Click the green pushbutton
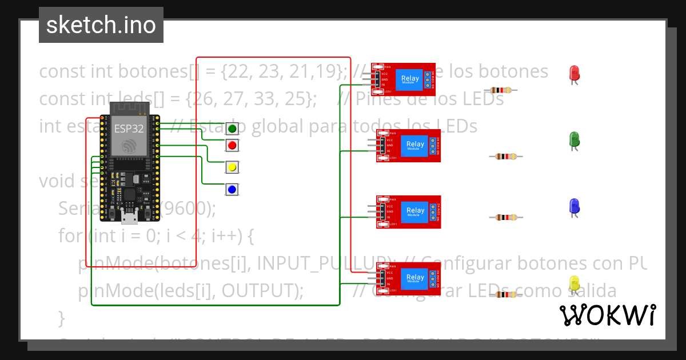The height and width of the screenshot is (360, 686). [232, 129]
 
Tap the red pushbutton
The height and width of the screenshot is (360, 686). [232, 146]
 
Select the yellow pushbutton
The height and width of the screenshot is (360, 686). [232, 167]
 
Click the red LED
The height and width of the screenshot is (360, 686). [575, 73]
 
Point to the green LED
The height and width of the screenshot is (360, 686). [575, 138]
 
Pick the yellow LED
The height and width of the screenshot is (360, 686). [575, 283]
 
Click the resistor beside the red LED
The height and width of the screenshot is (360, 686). [501, 90]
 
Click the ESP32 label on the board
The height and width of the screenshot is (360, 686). [129, 128]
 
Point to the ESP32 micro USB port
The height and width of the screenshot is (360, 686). [129, 217]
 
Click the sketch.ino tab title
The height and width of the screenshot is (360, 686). [101, 25]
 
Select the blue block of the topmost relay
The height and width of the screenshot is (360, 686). [409, 79]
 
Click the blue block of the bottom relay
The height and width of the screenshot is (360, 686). [415, 278]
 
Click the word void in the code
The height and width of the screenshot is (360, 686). [57, 181]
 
